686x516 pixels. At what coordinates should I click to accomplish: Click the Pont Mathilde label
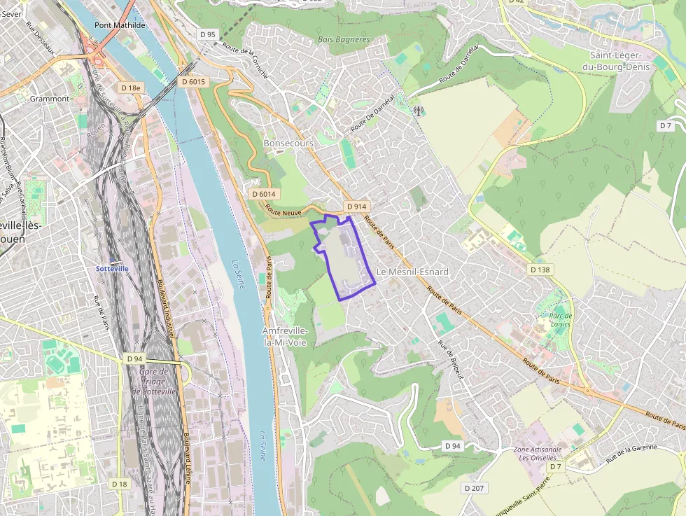[x=120, y=25]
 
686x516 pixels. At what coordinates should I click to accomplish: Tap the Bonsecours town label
[x=288, y=143]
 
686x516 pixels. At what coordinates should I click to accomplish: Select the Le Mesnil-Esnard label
[x=412, y=272]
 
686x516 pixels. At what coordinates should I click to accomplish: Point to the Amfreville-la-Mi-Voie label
[x=284, y=336]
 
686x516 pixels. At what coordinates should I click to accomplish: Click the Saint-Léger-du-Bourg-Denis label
[x=621, y=61]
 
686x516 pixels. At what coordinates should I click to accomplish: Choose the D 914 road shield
[x=356, y=207]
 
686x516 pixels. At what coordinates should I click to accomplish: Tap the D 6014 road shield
[x=264, y=193]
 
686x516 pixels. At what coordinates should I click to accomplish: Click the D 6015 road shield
[x=193, y=82]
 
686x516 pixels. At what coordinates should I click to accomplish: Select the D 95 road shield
[x=208, y=34]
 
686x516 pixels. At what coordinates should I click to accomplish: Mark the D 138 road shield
[x=540, y=270]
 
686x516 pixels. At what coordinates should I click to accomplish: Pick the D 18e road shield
[x=130, y=88]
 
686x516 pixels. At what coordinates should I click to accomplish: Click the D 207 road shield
[x=474, y=487]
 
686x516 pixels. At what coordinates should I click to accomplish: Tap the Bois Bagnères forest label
[x=343, y=40]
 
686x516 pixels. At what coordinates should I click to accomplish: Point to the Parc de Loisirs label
[x=559, y=320]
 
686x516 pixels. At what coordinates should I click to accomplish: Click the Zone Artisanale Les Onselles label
[x=538, y=454]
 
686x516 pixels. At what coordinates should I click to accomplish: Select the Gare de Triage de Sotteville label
[x=157, y=382]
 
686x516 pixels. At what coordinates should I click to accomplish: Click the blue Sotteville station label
[x=111, y=269]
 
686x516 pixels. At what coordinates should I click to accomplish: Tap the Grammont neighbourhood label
[x=50, y=99]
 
